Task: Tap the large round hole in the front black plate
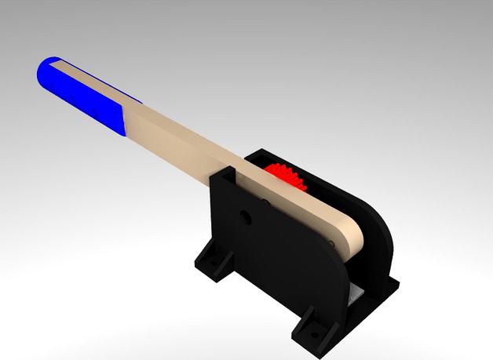click(x=246, y=215)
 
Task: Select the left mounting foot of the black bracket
click(x=210, y=259)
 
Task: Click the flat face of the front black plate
click(x=275, y=259)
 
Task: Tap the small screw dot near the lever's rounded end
click(x=333, y=245)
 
